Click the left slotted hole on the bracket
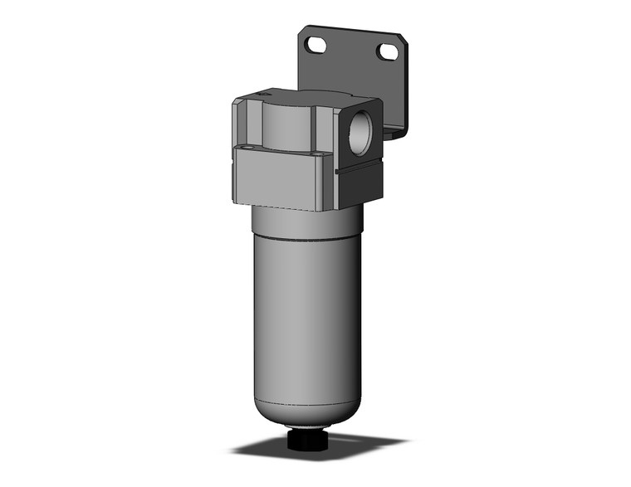tap(315, 45)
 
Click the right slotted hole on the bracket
tap(387, 52)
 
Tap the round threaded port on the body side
tap(360, 128)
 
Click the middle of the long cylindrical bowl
tap(306, 315)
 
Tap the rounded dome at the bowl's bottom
tap(307, 426)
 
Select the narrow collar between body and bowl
tap(307, 217)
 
